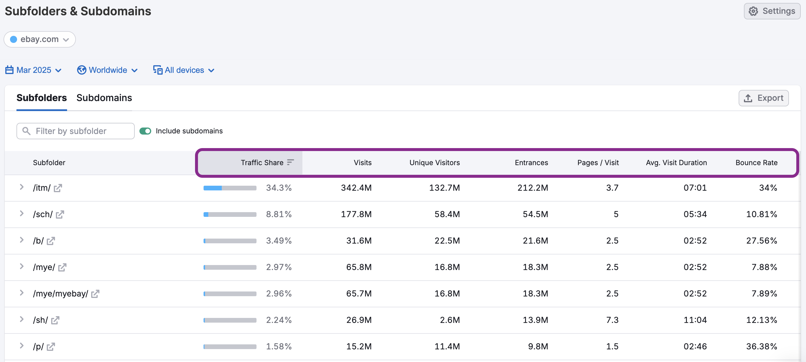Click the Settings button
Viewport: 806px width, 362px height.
[x=772, y=11]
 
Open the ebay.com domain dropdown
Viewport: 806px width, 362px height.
[x=39, y=39]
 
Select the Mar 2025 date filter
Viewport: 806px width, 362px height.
[x=33, y=70]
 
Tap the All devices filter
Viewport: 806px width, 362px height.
[x=184, y=70]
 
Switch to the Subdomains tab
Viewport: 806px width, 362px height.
[x=104, y=98]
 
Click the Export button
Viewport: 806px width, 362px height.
[x=763, y=98]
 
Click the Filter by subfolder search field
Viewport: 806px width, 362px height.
[x=75, y=131]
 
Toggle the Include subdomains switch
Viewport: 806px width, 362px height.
[x=145, y=131]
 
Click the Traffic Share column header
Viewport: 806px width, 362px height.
[x=262, y=162]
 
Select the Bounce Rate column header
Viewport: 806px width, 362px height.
[x=756, y=162]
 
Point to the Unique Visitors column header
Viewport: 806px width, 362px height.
[x=434, y=162]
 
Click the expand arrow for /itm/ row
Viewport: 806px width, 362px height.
[x=21, y=187]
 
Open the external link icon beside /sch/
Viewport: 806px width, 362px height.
[x=60, y=214]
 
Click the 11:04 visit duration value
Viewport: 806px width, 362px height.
[x=695, y=320]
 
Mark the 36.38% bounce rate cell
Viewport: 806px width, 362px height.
[x=761, y=346]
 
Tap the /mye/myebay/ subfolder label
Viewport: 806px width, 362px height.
[x=60, y=294]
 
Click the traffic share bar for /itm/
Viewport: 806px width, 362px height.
[x=230, y=188]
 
